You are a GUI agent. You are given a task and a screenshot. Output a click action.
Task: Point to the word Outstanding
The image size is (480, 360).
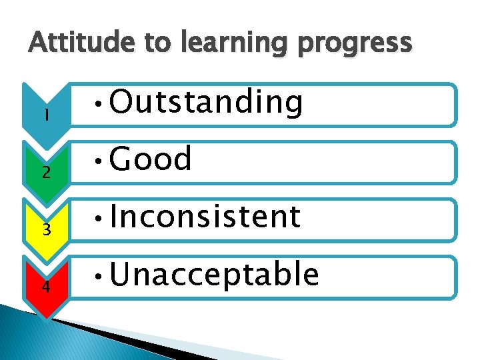206,103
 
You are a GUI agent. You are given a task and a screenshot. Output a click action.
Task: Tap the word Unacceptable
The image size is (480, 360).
214,274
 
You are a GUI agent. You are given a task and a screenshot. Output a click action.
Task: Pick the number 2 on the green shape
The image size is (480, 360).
45,173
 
